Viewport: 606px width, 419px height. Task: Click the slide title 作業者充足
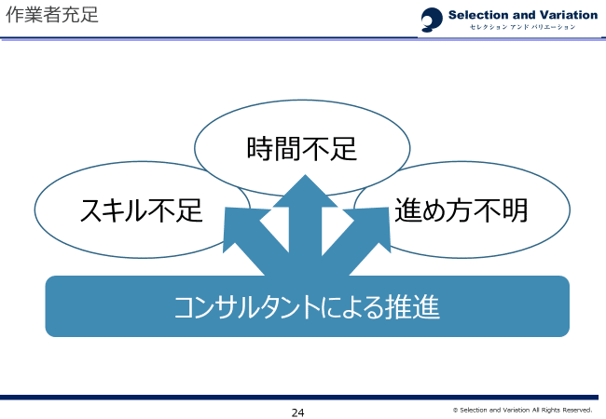coord(52,16)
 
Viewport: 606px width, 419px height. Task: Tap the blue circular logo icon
coord(433,20)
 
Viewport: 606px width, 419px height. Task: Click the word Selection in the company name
coord(477,15)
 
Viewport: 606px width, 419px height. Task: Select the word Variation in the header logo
coord(565,15)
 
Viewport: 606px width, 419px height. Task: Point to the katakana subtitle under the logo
coord(522,27)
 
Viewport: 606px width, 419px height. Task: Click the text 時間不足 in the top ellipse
coord(302,149)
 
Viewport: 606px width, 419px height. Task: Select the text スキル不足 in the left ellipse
coord(141,210)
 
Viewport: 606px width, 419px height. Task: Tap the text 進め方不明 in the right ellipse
coord(461,209)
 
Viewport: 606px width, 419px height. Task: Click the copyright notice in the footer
coord(522,410)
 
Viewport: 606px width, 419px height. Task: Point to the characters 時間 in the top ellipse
coord(274,149)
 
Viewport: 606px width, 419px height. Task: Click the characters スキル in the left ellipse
coord(110,210)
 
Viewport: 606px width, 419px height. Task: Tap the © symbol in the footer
coord(455,410)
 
